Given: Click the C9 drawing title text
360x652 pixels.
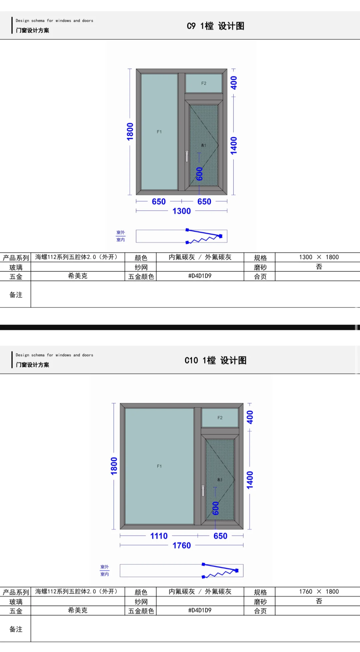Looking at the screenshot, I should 215,26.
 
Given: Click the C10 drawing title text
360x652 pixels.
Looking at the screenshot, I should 215,361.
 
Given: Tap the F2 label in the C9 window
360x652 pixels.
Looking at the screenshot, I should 204,83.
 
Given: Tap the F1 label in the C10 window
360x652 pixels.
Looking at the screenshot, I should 159,466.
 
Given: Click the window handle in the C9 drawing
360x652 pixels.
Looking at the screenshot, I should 187,156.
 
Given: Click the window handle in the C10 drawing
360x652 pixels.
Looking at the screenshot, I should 203,491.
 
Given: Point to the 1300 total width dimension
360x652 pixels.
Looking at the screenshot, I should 181,211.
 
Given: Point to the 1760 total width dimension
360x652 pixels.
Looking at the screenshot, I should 181,546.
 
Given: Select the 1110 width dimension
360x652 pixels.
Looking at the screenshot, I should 159,536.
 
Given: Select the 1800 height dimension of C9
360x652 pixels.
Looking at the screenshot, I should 130,131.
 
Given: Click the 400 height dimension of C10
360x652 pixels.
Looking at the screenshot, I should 250,417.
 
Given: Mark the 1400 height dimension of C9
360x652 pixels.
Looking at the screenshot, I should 234,145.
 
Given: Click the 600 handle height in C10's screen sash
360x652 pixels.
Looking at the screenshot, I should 216,508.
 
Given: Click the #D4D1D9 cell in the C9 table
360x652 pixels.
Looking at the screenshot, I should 200,276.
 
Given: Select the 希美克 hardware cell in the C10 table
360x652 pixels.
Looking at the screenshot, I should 78,610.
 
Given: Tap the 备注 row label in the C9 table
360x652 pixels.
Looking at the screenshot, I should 16,295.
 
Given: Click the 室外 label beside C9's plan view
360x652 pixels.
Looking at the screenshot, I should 120,232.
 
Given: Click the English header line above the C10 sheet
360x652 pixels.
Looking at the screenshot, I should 54,355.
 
